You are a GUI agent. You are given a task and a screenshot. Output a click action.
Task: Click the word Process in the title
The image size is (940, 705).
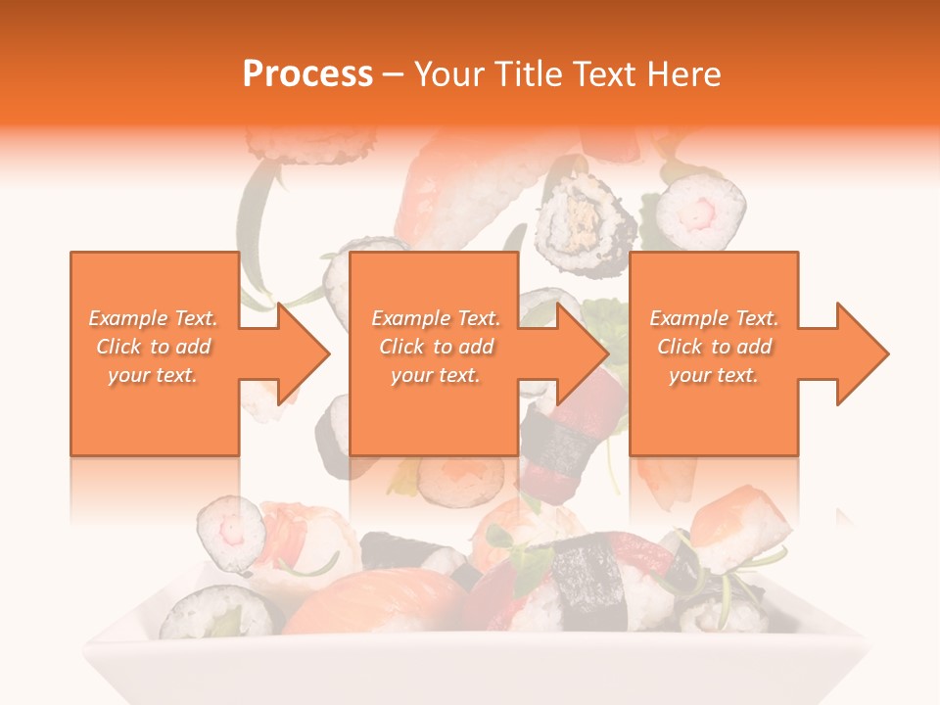pyautogui.click(x=307, y=74)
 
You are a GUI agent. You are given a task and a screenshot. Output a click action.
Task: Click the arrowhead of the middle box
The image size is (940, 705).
pyautogui.click(x=585, y=353)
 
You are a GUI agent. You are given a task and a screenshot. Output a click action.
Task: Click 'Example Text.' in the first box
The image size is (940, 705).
pyautogui.click(x=153, y=318)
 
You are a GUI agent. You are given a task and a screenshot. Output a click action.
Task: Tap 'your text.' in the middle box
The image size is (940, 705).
pyautogui.click(x=435, y=375)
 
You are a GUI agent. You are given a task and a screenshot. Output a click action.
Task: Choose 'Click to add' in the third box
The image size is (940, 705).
pyautogui.click(x=715, y=347)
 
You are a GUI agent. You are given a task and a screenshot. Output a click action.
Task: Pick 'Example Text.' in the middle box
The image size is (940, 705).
pyautogui.click(x=435, y=318)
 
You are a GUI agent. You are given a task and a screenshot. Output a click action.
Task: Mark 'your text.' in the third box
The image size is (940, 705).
pyautogui.click(x=714, y=375)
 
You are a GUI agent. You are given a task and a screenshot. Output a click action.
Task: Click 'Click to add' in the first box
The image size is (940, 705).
pyautogui.click(x=154, y=347)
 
